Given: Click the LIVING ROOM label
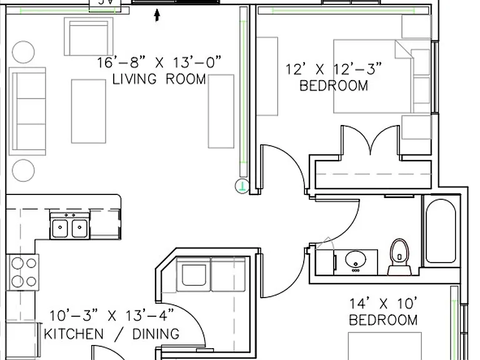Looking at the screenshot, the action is pyautogui.click(x=159, y=79).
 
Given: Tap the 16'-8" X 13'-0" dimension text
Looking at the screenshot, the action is pyautogui.click(x=159, y=62).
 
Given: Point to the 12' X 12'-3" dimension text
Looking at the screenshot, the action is pyautogui.click(x=334, y=69).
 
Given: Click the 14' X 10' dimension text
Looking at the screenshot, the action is pyautogui.click(x=384, y=304).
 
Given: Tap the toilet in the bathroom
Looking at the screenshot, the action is pyautogui.click(x=399, y=256).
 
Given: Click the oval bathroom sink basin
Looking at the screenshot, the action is pyautogui.click(x=356, y=259).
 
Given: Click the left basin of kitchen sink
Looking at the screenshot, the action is pyautogui.click(x=60, y=228).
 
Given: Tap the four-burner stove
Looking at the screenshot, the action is pyautogui.click(x=23, y=272).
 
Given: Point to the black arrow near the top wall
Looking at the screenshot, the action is pyautogui.click(x=157, y=15).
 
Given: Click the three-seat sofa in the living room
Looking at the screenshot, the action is pyautogui.click(x=27, y=111).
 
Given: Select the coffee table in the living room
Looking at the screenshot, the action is pyautogui.click(x=89, y=111).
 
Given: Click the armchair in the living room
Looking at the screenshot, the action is pyautogui.click(x=89, y=36).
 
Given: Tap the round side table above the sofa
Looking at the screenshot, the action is pyautogui.click(x=23, y=52).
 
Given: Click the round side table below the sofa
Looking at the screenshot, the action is pyautogui.click(x=23, y=170).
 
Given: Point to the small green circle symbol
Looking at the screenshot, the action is pyautogui.click(x=242, y=186).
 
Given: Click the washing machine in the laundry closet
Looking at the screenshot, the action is pyautogui.click(x=194, y=274).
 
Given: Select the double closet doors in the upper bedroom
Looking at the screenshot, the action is pyautogui.click(x=371, y=140).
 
